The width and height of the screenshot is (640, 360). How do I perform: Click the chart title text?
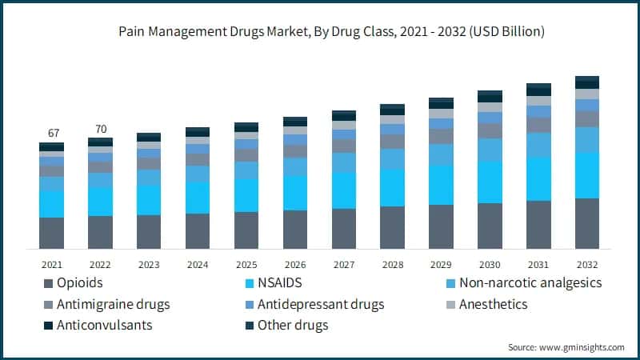[x=320, y=32]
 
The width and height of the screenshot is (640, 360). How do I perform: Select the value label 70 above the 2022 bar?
[x=100, y=128]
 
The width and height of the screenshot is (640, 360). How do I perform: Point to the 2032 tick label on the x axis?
[x=587, y=264]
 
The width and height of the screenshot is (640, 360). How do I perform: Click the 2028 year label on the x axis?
[x=392, y=264]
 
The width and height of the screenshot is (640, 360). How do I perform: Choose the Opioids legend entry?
[x=81, y=282]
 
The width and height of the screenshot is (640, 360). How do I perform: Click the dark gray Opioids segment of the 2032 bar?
[x=587, y=224]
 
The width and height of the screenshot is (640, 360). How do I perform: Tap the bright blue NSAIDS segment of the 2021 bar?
[x=52, y=204]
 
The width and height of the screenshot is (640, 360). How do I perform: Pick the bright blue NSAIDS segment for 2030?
[x=490, y=182]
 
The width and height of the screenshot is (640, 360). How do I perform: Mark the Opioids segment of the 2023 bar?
[x=149, y=232]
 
